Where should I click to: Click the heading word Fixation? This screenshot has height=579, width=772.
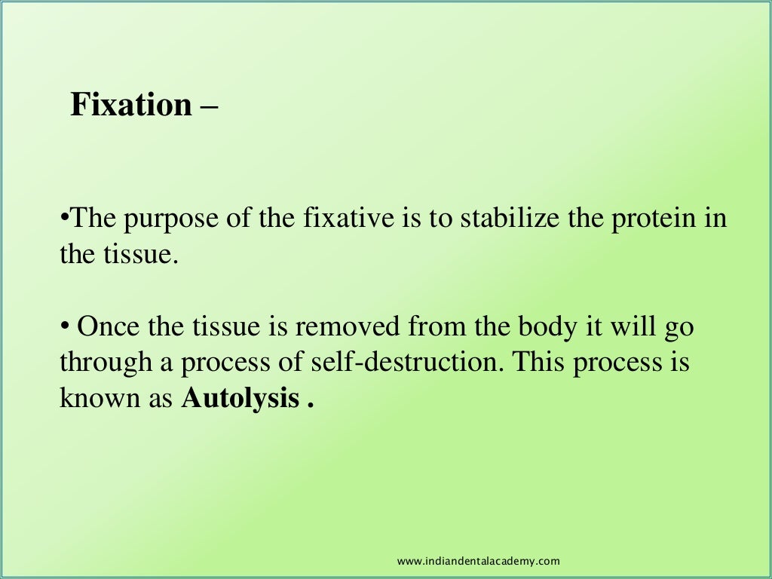[x=131, y=105]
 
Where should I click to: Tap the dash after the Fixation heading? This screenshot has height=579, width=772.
[x=210, y=105]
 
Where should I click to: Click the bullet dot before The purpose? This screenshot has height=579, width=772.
[x=63, y=219]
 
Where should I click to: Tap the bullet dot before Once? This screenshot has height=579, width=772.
[x=63, y=327]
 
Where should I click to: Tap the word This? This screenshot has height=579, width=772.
[x=537, y=363]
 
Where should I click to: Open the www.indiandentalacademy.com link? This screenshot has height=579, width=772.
[x=478, y=561]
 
